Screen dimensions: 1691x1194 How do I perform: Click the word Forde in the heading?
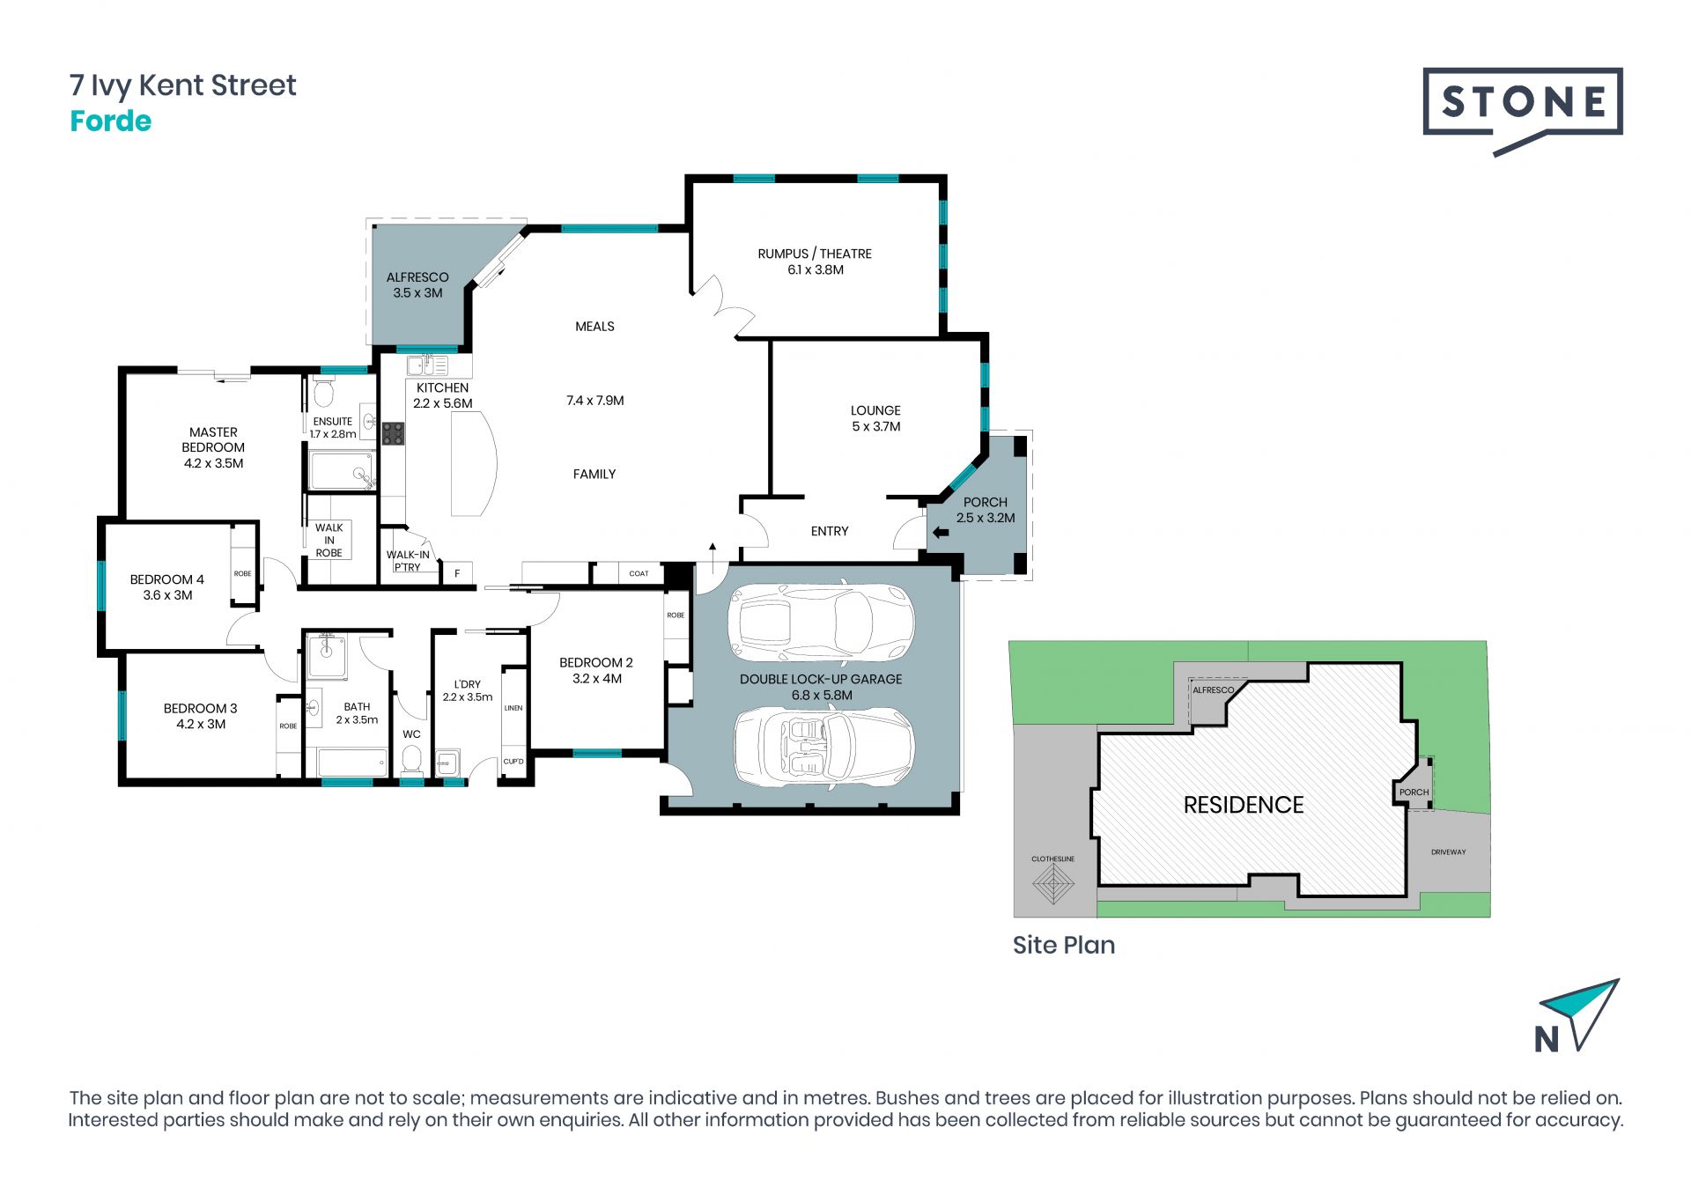click(x=111, y=121)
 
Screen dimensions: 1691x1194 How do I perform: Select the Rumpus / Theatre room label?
click(x=815, y=262)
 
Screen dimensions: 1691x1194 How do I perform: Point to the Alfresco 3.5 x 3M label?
click(x=417, y=285)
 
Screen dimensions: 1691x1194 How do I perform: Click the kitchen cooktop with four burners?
click(x=393, y=433)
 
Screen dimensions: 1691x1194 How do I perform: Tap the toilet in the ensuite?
click(x=324, y=391)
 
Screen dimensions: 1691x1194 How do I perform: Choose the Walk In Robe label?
click(x=329, y=541)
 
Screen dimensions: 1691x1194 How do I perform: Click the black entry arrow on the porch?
click(x=941, y=532)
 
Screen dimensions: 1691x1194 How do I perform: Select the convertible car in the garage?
click(x=824, y=746)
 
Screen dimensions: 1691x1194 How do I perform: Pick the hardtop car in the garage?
click(x=821, y=623)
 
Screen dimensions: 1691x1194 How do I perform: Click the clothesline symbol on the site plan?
click(x=1053, y=881)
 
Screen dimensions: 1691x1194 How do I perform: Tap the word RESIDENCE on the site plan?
click(x=1244, y=805)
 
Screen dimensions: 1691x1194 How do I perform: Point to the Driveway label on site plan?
click(x=1449, y=852)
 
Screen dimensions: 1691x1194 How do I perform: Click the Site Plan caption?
click(x=1064, y=945)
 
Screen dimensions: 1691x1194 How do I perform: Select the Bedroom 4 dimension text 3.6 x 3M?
click(x=167, y=595)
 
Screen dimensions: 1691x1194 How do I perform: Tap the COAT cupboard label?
click(x=639, y=573)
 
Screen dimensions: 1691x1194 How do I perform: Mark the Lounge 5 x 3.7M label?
click(x=875, y=418)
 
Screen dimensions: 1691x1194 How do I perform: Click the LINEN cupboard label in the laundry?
click(x=513, y=708)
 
